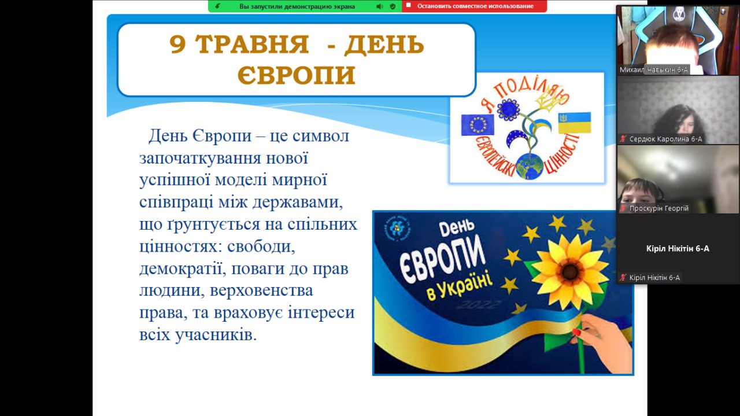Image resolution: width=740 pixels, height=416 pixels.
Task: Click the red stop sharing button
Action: [x=475, y=6]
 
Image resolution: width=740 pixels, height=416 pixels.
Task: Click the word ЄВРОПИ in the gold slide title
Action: [x=297, y=75]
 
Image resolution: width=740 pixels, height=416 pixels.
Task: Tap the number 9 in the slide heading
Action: [x=177, y=44]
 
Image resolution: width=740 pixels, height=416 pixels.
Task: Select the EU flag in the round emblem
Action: [x=478, y=124]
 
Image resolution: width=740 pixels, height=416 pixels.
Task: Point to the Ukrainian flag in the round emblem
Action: [x=575, y=123]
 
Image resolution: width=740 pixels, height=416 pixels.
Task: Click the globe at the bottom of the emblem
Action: [x=530, y=166]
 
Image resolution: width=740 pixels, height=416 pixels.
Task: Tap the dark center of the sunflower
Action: [x=569, y=272]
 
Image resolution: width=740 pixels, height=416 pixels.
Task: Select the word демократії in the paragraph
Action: [x=181, y=268]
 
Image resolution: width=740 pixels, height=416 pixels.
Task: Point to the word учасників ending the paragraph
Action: [x=216, y=334]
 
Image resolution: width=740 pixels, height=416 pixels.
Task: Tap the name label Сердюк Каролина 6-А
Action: [x=665, y=139]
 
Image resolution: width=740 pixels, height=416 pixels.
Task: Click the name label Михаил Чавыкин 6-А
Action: [x=653, y=69]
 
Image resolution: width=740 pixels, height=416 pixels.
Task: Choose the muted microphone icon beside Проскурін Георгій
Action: [x=623, y=208]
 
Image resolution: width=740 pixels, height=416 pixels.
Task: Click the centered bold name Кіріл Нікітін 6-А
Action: [x=678, y=249]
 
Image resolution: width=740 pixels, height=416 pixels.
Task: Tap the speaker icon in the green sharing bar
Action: [x=380, y=6]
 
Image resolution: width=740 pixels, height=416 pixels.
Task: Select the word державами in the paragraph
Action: [x=297, y=202]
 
